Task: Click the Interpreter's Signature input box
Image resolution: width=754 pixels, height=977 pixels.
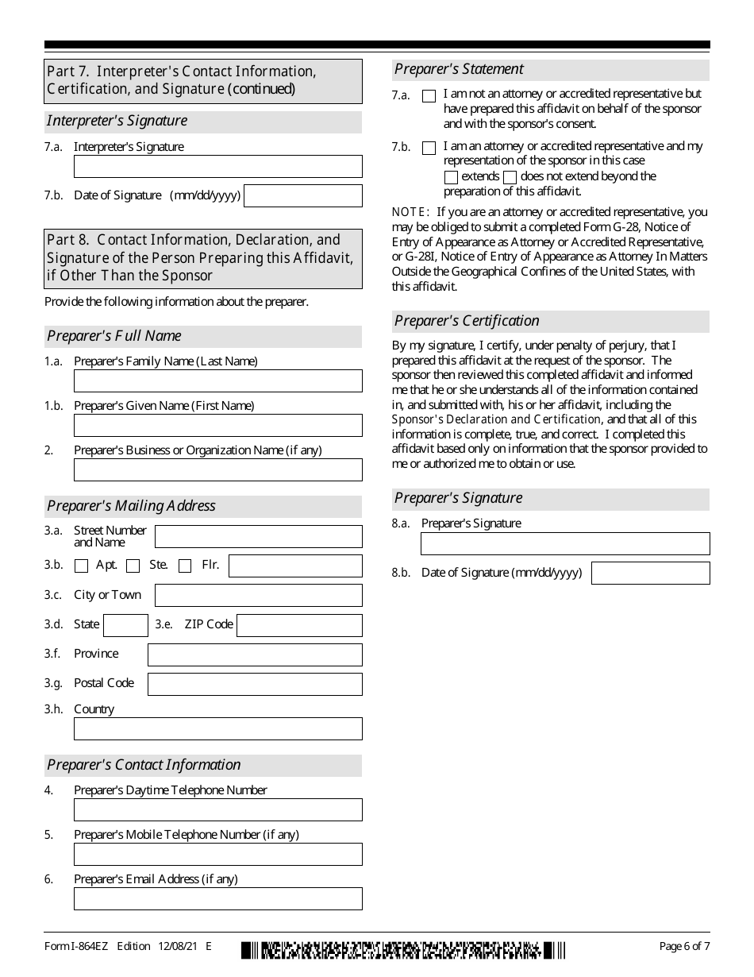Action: tap(217, 166)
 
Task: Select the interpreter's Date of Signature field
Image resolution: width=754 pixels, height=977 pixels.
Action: tap(302, 195)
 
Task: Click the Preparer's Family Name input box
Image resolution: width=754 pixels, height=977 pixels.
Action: tap(217, 380)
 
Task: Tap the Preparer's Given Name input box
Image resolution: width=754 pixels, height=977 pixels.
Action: tap(217, 425)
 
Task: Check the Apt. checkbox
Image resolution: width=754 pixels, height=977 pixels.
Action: tap(81, 566)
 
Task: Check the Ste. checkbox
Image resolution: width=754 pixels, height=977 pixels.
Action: tap(133, 566)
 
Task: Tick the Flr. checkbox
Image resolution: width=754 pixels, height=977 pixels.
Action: tap(185, 566)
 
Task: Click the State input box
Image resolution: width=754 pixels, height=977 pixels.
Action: tap(125, 625)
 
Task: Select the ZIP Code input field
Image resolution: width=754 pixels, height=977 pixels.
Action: tap(299, 625)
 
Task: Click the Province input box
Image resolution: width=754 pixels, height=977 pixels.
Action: tap(255, 655)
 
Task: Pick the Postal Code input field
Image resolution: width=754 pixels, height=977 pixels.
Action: tap(255, 684)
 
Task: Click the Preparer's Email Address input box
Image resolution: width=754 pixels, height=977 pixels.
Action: tap(217, 898)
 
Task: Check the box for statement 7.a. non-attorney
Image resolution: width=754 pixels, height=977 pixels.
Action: tap(429, 96)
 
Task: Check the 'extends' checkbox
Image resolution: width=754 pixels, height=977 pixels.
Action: tap(451, 177)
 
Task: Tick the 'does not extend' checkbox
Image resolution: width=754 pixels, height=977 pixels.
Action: tap(510, 177)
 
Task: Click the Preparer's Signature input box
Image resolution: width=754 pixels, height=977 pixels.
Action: tap(565, 543)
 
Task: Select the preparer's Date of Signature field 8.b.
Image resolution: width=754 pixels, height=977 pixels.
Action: tap(651, 573)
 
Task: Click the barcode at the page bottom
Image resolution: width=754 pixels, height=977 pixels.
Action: tap(404, 950)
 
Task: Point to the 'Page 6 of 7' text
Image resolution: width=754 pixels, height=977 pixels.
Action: tap(685, 946)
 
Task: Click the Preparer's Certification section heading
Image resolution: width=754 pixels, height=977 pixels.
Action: tap(467, 321)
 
